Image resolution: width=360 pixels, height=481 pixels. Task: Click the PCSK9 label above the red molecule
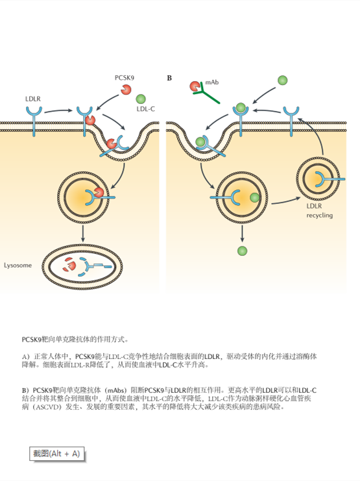coord(124,78)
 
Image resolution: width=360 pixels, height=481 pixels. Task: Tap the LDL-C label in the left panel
coord(146,109)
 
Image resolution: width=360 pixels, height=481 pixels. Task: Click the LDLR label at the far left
coord(33,99)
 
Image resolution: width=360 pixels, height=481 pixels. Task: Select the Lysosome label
coord(18,265)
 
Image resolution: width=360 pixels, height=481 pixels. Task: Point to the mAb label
coord(212,82)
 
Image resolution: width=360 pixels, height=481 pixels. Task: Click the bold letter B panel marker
coord(169,78)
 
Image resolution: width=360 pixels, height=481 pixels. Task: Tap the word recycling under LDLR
coord(320,216)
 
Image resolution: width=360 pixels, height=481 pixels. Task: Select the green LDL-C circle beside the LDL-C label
coord(141,99)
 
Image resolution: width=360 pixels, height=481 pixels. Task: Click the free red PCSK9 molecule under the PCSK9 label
coord(126,90)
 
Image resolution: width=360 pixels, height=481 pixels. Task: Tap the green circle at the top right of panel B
coord(282,80)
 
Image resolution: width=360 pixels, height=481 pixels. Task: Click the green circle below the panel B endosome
coord(242,251)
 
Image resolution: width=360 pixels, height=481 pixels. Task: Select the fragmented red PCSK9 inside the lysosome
coord(69,264)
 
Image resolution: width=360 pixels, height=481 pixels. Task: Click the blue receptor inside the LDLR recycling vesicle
coord(329,179)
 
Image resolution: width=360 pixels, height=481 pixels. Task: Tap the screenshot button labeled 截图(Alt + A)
coord(56,454)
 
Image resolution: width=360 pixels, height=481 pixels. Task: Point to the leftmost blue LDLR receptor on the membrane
coord(34,119)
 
